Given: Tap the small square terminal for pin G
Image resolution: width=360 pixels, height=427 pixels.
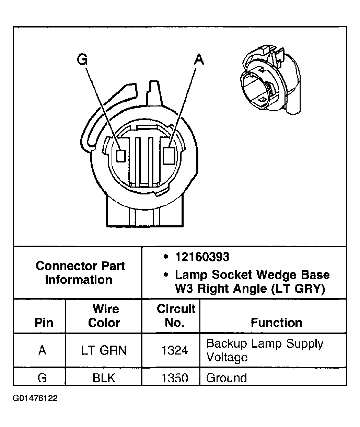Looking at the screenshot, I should click(x=120, y=155).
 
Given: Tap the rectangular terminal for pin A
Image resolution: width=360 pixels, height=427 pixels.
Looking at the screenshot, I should click(x=169, y=155).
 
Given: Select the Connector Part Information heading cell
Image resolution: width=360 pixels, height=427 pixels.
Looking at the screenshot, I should click(x=80, y=272).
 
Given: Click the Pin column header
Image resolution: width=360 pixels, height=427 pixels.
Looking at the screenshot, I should click(x=44, y=323).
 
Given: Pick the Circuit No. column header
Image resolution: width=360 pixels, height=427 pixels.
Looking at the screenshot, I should click(x=176, y=315).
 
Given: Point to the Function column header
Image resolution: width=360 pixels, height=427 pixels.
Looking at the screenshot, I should click(x=276, y=323).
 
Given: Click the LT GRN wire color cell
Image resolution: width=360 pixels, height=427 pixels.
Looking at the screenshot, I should click(x=104, y=350).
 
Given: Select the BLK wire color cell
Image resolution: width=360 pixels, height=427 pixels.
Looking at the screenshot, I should click(x=104, y=378).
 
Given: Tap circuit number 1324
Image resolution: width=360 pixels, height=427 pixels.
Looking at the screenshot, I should click(x=175, y=350).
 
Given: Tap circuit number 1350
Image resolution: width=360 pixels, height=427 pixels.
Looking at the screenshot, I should click(x=175, y=378).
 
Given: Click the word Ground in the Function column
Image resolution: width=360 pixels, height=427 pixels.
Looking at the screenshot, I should click(x=227, y=378).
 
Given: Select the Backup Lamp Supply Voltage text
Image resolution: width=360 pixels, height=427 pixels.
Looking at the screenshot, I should click(x=264, y=350).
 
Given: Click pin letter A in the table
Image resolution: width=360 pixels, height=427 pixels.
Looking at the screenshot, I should click(x=42, y=350).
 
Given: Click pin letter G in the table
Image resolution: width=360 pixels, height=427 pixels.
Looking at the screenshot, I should click(x=42, y=378).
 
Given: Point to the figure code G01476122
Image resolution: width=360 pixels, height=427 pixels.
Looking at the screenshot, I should click(x=35, y=398).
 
